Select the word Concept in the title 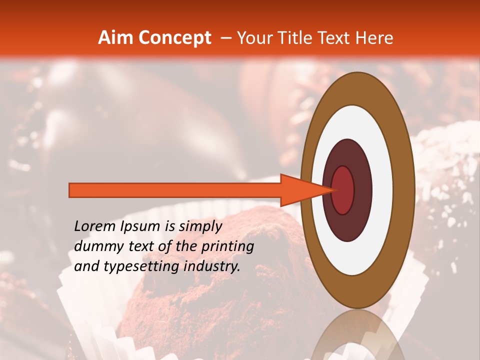point(174,38)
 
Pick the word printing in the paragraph point(227,246)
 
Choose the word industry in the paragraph point(212,266)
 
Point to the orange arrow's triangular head point(300,190)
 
